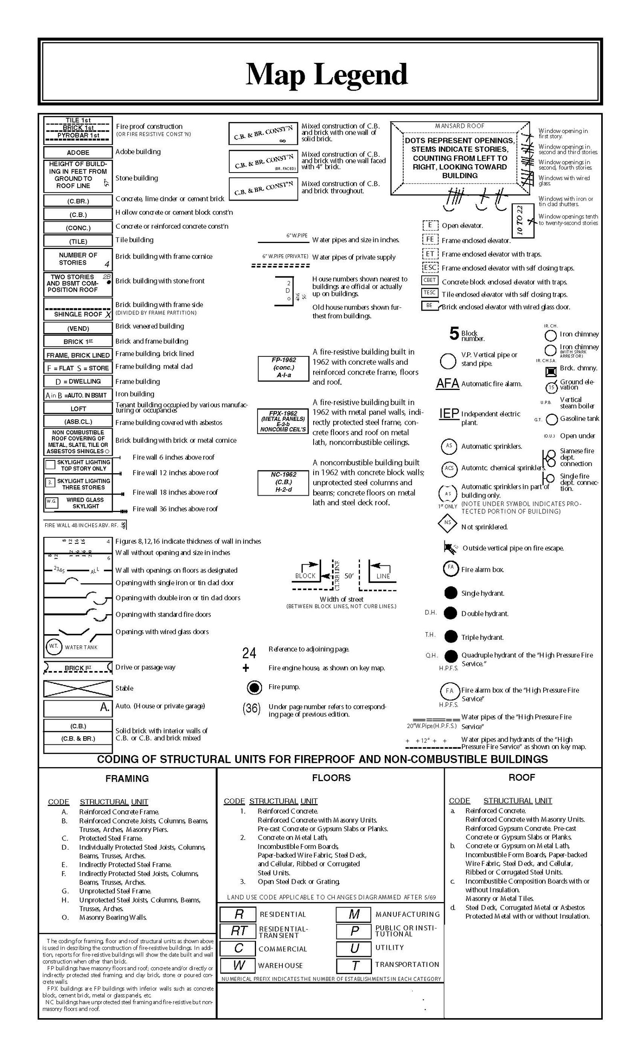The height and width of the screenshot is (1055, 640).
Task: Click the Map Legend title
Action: [x=326, y=74]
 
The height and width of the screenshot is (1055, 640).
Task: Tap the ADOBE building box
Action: [x=78, y=153]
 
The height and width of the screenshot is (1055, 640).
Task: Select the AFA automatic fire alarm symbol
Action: [x=447, y=383]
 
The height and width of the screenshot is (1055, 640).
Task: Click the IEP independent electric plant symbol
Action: [x=449, y=414]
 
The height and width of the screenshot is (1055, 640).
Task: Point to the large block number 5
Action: [x=454, y=333]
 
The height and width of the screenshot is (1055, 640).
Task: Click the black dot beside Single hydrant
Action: [x=450, y=593]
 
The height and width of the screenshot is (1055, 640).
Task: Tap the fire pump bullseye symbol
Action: [x=254, y=687]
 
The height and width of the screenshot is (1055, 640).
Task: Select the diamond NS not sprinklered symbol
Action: [x=448, y=523]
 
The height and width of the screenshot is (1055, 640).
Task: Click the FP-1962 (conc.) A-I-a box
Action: [x=283, y=368]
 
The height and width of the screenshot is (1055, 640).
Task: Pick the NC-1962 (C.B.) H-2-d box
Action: [x=283, y=482]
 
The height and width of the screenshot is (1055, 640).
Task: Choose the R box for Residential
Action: [x=238, y=914]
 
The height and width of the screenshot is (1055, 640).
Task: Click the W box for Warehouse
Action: [x=238, y=965]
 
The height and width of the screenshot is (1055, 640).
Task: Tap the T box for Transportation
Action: [x=354, y=965]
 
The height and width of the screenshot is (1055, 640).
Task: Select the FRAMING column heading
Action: [x=127, y=778]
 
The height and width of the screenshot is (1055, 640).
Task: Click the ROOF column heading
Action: [x=522, y=777]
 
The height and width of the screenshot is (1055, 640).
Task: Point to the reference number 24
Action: [x=249, y=653]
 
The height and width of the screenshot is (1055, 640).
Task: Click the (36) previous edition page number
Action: [x=251, y=709]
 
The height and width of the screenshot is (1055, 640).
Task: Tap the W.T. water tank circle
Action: [x=53, y=647]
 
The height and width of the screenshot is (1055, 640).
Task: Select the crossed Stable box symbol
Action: [x=78, y=689]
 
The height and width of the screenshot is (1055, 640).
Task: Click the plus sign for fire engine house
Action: [x=246, y=668]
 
